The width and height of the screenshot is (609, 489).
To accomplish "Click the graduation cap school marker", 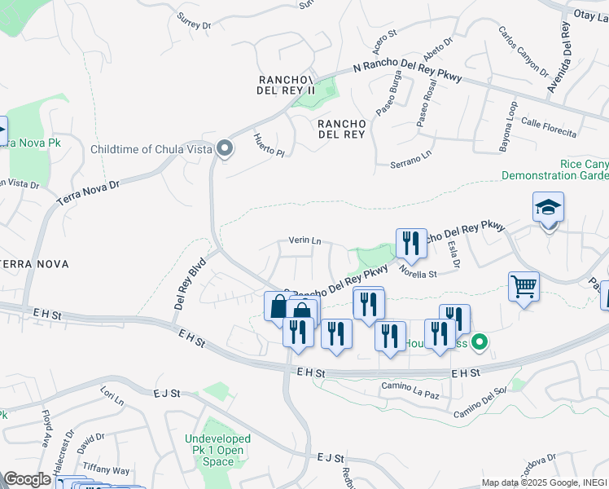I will coord(549,209).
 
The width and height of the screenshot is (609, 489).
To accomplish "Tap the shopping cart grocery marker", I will coord(524,287).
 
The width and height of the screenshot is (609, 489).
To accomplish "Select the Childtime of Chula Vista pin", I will coord(225,148).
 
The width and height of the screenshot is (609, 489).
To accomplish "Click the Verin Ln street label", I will coord(305,241).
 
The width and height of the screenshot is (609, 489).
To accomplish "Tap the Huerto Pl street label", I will coord(268,145).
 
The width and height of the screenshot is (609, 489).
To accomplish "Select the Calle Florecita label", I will coord(549,128).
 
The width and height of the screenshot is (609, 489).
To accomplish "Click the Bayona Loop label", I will coord(506,127).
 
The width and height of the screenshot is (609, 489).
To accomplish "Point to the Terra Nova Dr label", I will coord(87,192).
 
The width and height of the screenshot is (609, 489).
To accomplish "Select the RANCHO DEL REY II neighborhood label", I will coord(286,85).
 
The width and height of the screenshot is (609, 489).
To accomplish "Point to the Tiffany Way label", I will coord(107,470).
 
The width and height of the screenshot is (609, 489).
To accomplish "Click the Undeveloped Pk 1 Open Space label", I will coord(218,450).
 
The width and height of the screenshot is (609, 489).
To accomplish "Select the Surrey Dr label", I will coord(194,24).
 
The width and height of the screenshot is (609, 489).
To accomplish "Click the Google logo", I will coord(28,479).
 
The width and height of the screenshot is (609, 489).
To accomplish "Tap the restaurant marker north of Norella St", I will coord(411,243).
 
